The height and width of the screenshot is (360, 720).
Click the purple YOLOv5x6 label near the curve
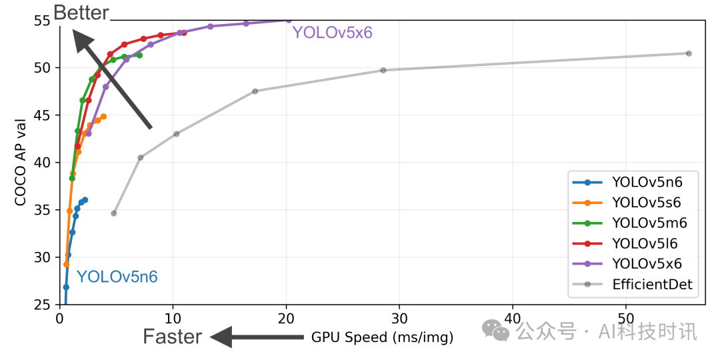click(331, 32)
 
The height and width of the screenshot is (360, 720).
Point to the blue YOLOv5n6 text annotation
click(117, 277)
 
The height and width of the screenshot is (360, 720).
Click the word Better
click(81, 12)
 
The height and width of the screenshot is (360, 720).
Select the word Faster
click(172, 337)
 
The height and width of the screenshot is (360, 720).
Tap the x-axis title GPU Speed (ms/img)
click(382, 337)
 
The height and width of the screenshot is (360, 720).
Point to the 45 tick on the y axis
click(43, 115)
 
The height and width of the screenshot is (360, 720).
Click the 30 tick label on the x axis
click(399, 319)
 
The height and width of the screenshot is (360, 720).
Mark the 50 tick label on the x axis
click(625, 319)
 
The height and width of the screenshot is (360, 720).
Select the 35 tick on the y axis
click(43, 210)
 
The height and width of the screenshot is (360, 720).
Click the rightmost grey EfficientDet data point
click(689, 53)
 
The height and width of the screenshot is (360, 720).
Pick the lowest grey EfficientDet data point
click(114, 213)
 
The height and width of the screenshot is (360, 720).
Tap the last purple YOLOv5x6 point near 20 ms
click(289, 20)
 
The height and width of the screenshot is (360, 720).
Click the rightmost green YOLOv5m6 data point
click(139, 55)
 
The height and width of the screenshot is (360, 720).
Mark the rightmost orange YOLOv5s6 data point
click(103, 117)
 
